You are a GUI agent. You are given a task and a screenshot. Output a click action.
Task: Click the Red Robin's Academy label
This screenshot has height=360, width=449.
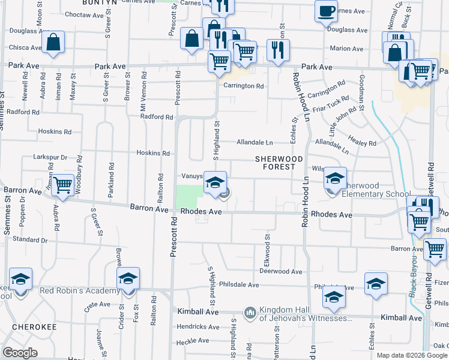80,291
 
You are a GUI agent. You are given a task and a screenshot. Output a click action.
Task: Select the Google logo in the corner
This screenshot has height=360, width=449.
20,353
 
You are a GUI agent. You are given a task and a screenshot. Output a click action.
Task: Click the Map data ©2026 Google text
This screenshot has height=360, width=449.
412,355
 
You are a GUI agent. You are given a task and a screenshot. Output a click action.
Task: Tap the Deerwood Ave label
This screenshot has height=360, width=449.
280,271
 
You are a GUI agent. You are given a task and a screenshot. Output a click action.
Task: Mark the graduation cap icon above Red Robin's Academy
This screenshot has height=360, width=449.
128,279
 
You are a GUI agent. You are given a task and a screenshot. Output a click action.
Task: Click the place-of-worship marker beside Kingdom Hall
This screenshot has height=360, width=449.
250,313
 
